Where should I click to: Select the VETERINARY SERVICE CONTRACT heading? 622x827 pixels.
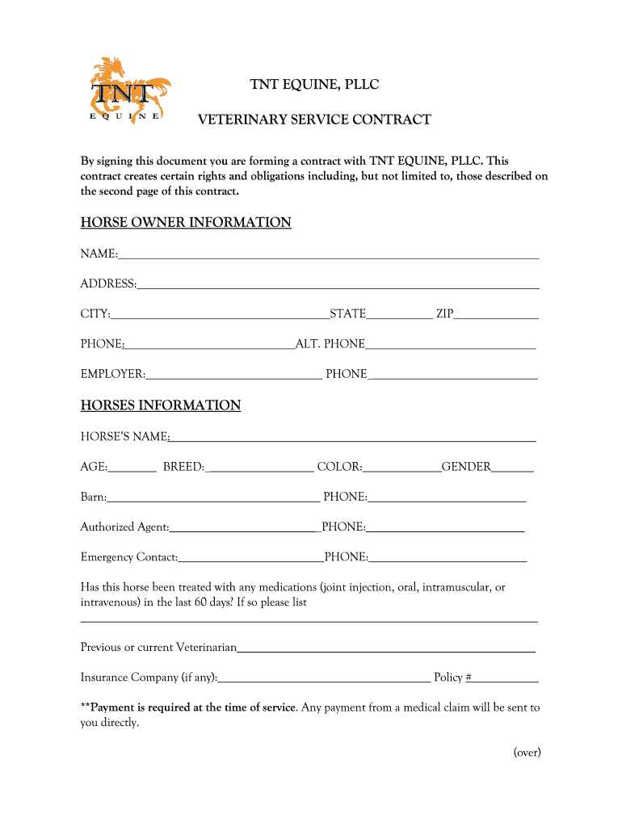click(x=315, y=120)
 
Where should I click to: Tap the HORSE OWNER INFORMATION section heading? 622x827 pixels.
click(x=186, y=222)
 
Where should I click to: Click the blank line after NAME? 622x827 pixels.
click(x=329, y=255)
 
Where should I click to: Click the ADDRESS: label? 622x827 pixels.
click(x=108, y=284)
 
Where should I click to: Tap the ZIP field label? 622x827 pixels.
click(x=444, y=314)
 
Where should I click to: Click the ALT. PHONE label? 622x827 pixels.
click(x=330, y=345)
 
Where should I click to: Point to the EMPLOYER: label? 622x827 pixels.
click(x=113, y=375)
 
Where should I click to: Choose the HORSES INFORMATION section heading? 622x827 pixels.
click(x=161, y=405)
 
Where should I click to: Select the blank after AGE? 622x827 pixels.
click(x=132, y=468)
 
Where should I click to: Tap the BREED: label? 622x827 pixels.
click(x=183, y=468)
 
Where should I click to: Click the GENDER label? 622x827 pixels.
click(x=466, y=468)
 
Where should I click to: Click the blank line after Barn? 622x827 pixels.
click(x=213, y=498)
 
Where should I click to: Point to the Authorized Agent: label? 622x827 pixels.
click(x=124, y=527)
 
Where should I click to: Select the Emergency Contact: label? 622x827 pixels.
click(x=129, y=557)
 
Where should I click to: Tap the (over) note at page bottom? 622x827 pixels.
click(x=527, y=753)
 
